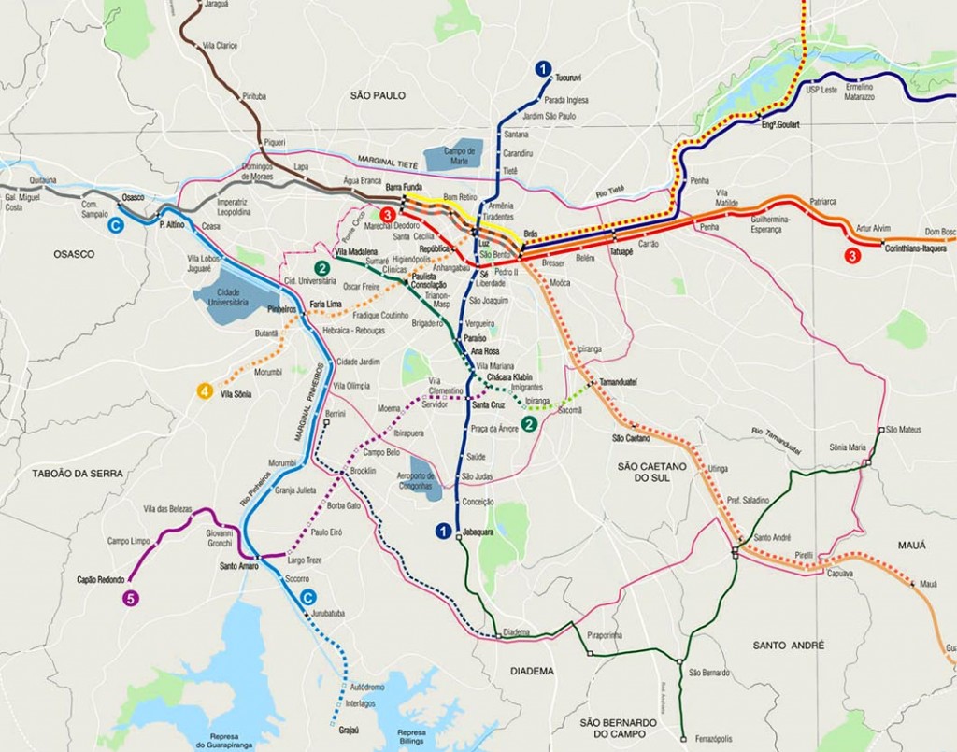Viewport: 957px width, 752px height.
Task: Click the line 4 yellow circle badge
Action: [x=205, y=392]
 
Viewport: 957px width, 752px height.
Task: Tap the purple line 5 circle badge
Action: [x=131, y=599]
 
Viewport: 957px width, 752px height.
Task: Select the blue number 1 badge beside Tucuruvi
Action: [x=541, y=68]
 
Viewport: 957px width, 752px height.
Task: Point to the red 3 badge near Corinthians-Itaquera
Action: [x=851, y=255]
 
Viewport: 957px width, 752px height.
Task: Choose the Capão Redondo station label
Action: [x=102, y=579]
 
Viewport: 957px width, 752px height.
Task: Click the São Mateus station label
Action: [x=904, y=429]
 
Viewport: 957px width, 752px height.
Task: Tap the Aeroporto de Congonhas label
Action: [x=423, y=481]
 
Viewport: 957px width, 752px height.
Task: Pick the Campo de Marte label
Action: [x=460, y=155]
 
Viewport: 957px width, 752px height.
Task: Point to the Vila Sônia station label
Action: [x=236, y=394]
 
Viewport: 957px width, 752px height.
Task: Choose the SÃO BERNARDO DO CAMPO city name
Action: [x=631, y=729]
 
